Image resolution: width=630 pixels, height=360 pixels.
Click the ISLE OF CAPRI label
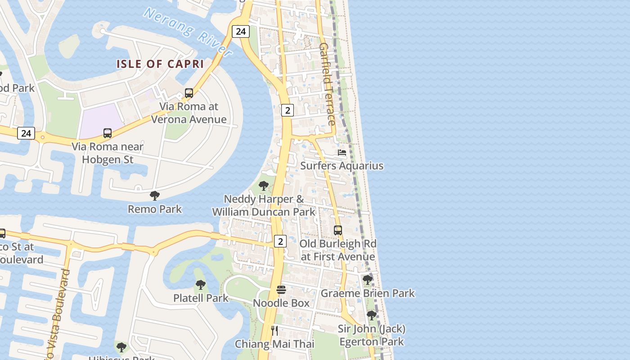click(160, 64)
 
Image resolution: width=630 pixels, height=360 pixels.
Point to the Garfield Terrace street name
click(328, 84)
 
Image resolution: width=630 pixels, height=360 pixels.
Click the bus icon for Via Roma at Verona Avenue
click(189, 93)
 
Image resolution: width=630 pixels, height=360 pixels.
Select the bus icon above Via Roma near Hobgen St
click(108, 133)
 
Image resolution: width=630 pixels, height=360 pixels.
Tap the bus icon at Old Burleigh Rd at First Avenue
click(338, 230)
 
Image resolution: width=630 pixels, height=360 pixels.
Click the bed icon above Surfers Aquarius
click(342, 153)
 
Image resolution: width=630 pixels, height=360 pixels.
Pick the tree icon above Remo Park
click(155, 196)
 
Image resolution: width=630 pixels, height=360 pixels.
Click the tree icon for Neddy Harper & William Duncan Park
click(264, 185)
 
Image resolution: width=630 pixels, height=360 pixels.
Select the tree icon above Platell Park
click(201, 285)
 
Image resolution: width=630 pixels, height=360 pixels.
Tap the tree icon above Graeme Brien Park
click(368, 280)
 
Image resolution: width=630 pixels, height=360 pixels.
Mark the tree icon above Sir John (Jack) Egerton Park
click(372, 315)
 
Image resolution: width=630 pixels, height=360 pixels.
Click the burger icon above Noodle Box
click(281, 290)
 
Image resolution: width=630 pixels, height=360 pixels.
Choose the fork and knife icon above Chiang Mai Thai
click(274, 331)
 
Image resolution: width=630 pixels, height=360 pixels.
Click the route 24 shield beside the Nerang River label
click(241, 31)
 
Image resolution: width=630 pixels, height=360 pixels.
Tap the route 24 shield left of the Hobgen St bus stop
click(26, 133)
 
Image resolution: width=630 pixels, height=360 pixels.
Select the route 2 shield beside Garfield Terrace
click(288, 110)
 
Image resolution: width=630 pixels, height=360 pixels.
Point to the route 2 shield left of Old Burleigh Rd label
click(280, 241)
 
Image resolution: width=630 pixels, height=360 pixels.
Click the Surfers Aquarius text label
click(342, 166)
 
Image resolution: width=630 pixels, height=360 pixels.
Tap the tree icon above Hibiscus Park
click(121, 347)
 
